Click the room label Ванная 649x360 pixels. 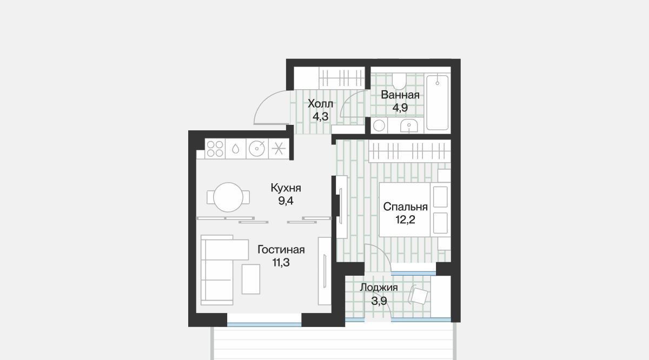[400, 95]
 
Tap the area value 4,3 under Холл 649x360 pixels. [320, 117]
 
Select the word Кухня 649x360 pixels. [286, 188]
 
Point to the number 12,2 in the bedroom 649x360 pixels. [405, 220]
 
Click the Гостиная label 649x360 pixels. [281, 250]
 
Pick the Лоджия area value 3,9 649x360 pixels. [379, 301]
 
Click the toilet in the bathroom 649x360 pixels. [399, 81]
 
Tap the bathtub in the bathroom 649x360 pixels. [438, 103]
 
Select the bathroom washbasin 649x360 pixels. [409, 126]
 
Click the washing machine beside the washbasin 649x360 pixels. [379, 126]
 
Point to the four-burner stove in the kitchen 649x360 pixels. [215, 149]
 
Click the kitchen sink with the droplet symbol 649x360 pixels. [236, 149]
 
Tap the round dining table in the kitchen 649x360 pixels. [228, 197]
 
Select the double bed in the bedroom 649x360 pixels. [415, 209]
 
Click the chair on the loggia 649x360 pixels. [419, 295]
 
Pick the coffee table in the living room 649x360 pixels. [251, 279]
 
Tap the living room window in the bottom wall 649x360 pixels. [264, 324]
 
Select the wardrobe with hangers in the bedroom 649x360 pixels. [410, 151]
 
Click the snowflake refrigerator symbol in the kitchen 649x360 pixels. [279, 149]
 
